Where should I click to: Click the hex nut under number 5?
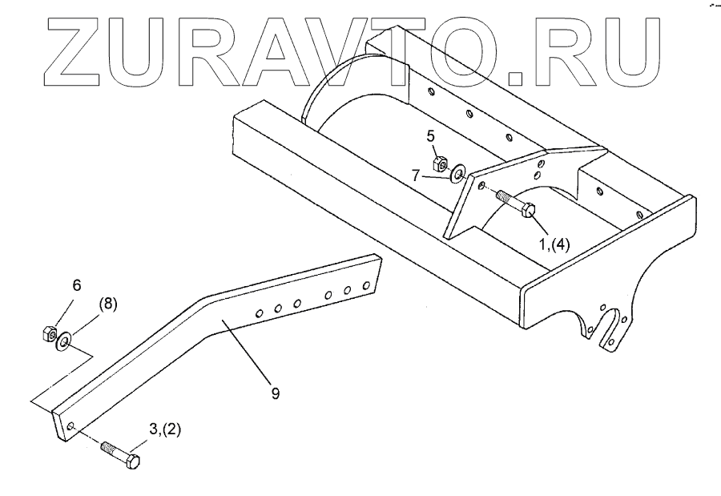439,163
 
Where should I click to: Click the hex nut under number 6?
47,331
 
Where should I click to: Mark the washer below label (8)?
62,343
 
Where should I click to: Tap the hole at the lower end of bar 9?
71,426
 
